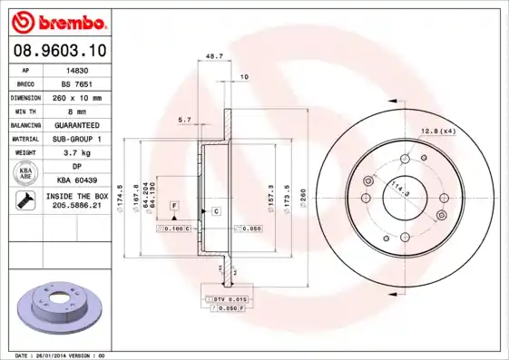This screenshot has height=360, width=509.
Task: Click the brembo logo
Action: (56, 20)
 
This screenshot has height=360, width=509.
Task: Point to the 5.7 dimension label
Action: (185, 119)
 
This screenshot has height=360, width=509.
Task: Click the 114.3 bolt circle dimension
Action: (397, 190)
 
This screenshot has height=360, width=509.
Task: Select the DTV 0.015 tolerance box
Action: (226, 298)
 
